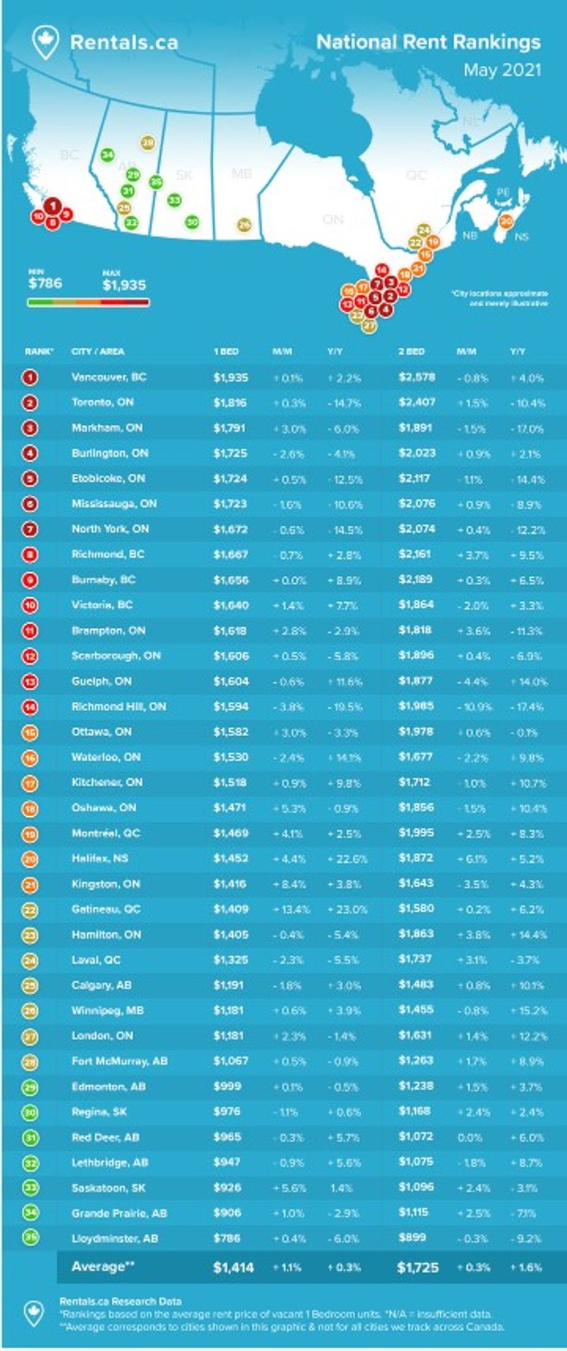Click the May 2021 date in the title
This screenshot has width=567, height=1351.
502,70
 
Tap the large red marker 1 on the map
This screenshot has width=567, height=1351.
52,206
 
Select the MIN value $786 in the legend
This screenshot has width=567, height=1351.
45,283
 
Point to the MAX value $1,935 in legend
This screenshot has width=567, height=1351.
124,285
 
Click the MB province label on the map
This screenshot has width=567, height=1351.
242,174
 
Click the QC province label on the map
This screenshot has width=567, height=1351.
416,174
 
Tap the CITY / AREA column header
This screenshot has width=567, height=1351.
98,351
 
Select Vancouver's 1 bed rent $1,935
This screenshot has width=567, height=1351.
231,377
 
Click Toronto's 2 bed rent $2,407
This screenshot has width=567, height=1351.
417,402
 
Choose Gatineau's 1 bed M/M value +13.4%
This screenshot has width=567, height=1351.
291,910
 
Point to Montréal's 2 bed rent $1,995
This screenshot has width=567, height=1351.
417,833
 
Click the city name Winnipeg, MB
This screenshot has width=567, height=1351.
108,1010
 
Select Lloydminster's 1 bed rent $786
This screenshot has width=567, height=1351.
227,1239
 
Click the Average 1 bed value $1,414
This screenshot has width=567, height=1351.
233,1267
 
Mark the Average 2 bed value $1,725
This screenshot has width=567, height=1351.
418,1267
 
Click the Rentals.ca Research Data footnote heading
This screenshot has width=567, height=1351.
120,1301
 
